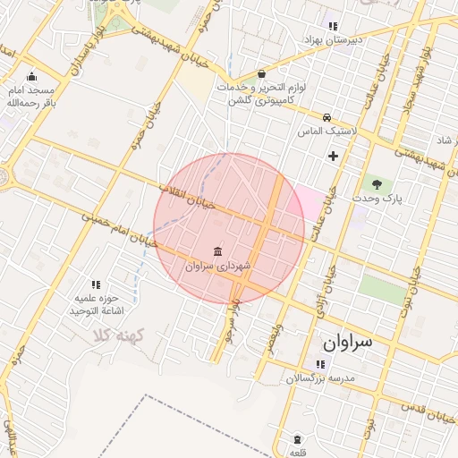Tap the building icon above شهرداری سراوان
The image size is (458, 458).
click(x=218, y=251)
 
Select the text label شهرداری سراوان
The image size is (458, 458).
click(x=219, y=266)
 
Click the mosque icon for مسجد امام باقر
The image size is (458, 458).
click(x=33, y=77)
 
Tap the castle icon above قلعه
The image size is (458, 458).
click(x=298, y=439)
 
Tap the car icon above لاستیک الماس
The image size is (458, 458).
click(x=327, y=117)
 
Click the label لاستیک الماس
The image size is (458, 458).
click(x=328, y=131)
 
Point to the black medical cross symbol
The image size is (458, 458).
click(x=334, y=157)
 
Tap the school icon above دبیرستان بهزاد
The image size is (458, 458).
click(x=334, y=26)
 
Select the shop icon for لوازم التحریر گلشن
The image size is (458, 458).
click(x=261, y=74)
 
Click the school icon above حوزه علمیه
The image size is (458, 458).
click(x=97, y=284)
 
